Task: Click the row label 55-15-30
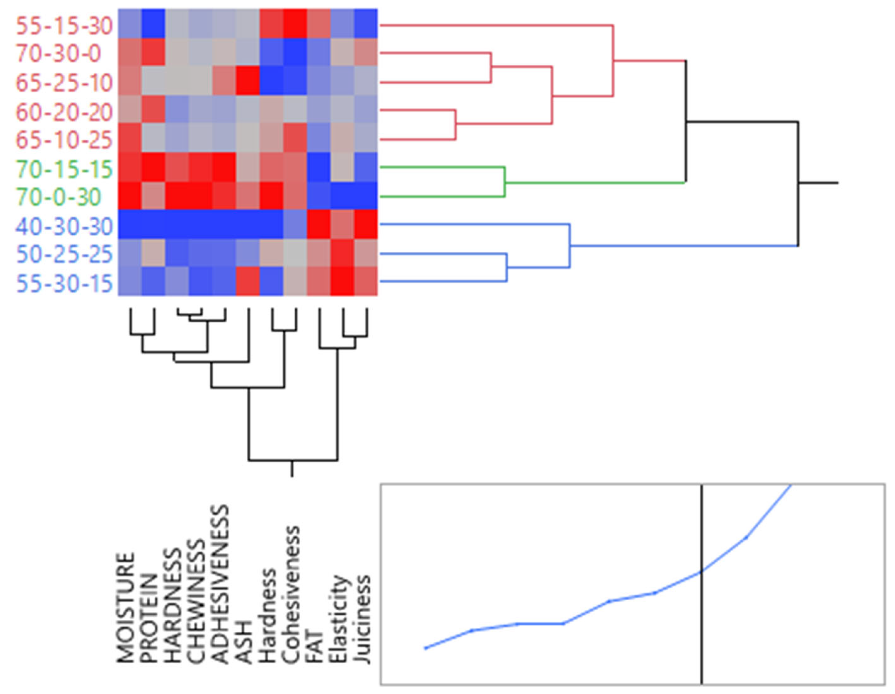pos(64,26)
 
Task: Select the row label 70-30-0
pos(59,54)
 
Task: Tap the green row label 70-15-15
pos(64,169)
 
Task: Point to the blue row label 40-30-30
pos(64,226)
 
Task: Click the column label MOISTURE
pos(126,608)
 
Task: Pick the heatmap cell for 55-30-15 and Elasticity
pos(342,281)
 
